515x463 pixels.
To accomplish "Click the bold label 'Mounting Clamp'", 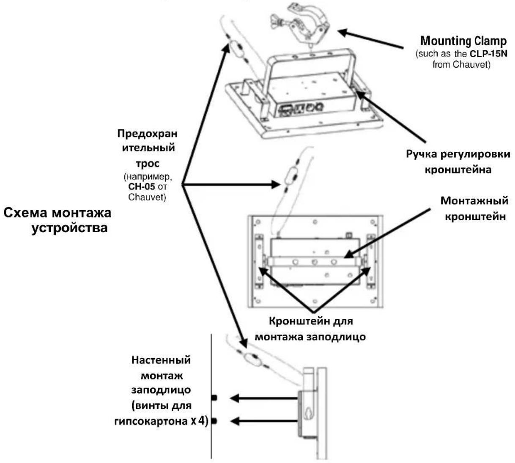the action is tap(463, 41).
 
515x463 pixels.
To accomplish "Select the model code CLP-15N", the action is tap(488, 54).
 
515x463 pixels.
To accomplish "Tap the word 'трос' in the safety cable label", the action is tap(148, 164).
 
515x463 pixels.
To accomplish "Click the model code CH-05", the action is tap(142, 186).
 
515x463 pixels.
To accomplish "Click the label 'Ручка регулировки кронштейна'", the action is tap(458, 162).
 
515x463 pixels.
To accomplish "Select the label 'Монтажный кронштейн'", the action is tap(474, 208).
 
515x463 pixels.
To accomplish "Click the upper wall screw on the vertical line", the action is tap(214, 398).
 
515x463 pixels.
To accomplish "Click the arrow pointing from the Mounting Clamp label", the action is tap(371, 39).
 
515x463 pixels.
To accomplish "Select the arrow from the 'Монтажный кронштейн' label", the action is tap(387, 233).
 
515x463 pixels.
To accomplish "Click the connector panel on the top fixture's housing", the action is tap(301, 109).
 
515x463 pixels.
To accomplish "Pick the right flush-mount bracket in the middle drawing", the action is tap(370, 260).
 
